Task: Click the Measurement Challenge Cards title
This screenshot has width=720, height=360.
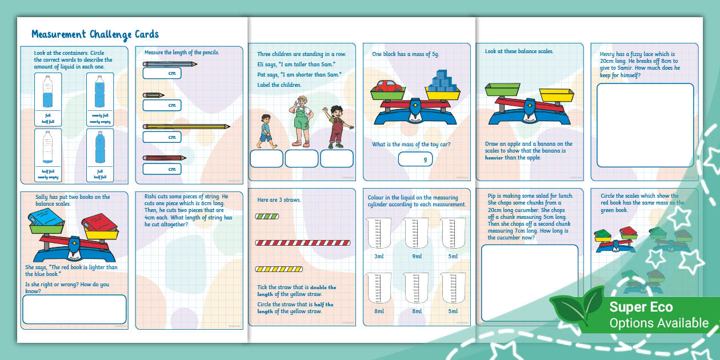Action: (95, 34)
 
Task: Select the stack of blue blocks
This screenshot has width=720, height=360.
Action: (441, 81)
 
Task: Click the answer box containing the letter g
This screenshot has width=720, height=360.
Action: (415, 159)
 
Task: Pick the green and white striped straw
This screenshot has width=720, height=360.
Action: (267, 217)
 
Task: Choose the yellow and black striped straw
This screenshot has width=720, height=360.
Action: (279, 269)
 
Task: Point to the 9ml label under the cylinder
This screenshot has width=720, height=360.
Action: (416, 257)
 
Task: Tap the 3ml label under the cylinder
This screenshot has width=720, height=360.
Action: (379, 257)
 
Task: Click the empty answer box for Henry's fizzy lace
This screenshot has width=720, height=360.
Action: (645, 117)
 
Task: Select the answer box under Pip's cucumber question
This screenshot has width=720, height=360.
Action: (530, 275)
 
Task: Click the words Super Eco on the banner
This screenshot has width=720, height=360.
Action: (641, 307)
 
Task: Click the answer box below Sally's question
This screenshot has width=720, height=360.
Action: (74, 309)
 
